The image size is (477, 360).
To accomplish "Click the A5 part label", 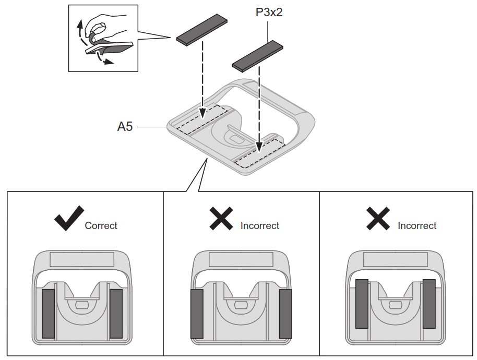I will [125, 126].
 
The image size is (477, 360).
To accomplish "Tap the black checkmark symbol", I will [69, 218].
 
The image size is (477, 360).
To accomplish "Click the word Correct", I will [101, 226].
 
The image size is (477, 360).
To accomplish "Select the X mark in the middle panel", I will [221, 218].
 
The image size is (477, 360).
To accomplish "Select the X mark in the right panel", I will [378, 218].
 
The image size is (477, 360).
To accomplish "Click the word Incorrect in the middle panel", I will [260, 226].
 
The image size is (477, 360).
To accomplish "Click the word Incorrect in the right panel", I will [417, 226].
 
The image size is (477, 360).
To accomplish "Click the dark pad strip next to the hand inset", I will [202, 31].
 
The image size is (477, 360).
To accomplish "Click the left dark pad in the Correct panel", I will [48, 313].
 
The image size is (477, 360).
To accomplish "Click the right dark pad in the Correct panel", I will [116, 313].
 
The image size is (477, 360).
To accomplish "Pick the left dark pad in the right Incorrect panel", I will [362, 304].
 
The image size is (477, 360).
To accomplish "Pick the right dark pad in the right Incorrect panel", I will [429, 304].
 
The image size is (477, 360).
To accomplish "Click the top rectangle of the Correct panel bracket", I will [81, 259].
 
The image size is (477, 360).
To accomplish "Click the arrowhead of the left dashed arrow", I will [202, 114].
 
